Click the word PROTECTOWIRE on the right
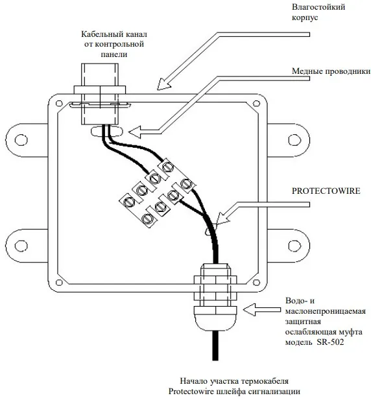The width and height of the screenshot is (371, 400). point(326,191)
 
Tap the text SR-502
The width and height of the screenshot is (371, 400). point(330,342)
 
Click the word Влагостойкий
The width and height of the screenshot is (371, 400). point(318,7)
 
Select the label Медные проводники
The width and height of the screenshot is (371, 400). point(331,71)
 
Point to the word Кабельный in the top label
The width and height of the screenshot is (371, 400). point(100,34)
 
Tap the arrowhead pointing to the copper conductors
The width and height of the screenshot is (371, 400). point(136,132)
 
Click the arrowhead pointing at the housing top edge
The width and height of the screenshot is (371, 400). point(163,84)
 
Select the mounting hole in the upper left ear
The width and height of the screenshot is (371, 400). point(21,140)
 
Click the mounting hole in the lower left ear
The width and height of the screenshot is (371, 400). point(21,246)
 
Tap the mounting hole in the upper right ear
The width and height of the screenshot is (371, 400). point(294,140)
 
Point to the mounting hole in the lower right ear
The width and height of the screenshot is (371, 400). point(294,246)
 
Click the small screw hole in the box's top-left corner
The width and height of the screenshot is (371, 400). point(59,103)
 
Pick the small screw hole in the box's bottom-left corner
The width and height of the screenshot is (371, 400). point(59,283)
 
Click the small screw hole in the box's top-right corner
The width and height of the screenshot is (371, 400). point(256,103)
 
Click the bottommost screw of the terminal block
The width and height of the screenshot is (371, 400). point(147,218)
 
